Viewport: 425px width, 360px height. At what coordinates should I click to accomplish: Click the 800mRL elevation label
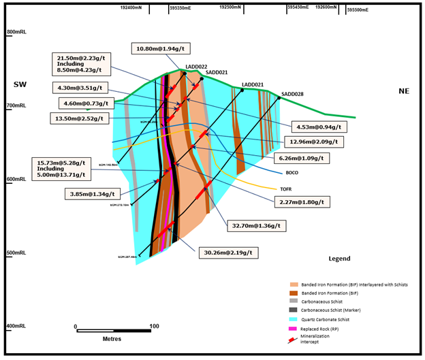tap(15, 33)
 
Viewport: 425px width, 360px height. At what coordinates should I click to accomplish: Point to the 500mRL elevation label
tap(15, 254)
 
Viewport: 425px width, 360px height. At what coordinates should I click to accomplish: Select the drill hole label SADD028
tap(292, 94)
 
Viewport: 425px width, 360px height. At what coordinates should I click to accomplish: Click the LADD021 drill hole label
tap(252, 85)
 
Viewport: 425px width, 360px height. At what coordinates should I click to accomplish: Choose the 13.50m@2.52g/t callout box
tap(80, 118)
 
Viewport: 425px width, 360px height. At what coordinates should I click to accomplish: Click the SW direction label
tap(20, 84)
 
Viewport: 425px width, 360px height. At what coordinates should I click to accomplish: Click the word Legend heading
tap(339, 259)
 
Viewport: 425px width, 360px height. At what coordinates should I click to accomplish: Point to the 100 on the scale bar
tap(154, 326)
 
